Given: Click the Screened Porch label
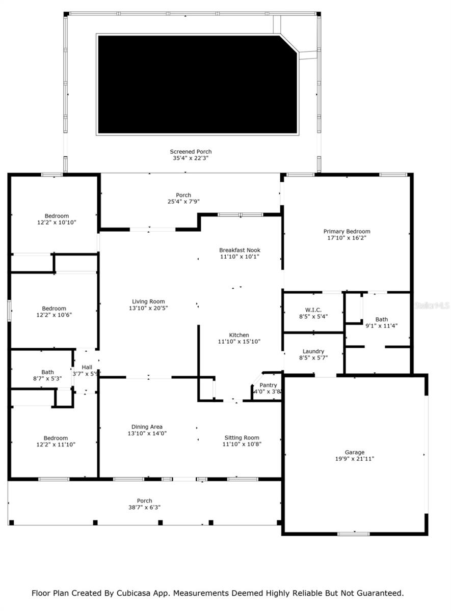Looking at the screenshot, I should coord(191,152).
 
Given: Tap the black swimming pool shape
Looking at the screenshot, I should coord(197,85).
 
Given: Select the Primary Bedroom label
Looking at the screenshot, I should coord(347,232).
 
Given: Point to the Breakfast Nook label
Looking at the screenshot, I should coord(240,250).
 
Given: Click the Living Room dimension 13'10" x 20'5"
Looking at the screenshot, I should coord(148,308).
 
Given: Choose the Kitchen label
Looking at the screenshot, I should coord(239,335).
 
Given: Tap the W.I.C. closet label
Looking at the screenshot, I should coord(313,310).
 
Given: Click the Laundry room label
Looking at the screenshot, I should coord(313,351).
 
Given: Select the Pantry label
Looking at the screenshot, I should coord(268,385).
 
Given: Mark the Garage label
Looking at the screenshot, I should coord(354,452).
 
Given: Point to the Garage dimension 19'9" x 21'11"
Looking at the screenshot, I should coord(354,459).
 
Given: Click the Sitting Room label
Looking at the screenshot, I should coord(242,437).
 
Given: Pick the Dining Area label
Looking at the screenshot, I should coord(147,427).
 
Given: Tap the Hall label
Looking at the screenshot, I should coord(87,367).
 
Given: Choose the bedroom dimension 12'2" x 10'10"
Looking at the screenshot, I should coord(56,223).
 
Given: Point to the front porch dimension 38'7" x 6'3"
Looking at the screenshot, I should coord(144,507).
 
